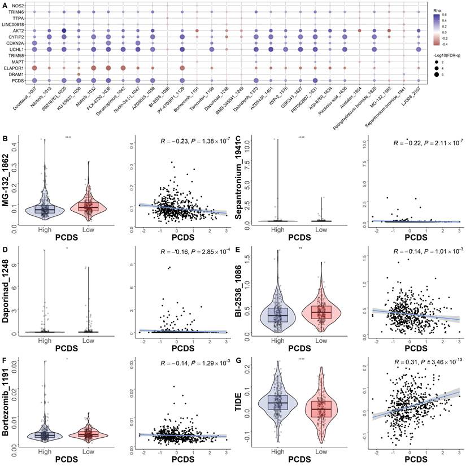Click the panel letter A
pyautogui.click(x=5, y=5)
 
